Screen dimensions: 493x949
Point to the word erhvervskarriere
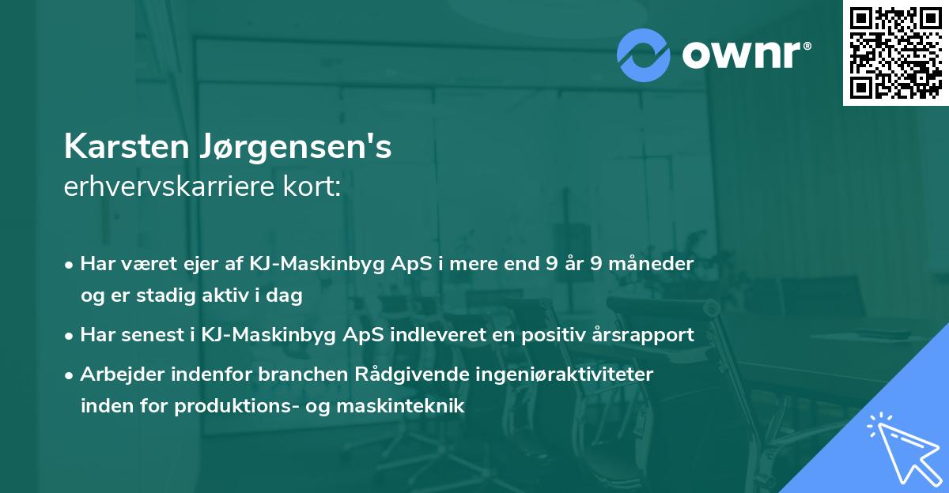(167, 188)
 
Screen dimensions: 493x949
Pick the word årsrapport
(645, 335)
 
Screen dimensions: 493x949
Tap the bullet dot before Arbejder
(70, 375)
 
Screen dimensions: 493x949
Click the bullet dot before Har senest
(70, 336)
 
